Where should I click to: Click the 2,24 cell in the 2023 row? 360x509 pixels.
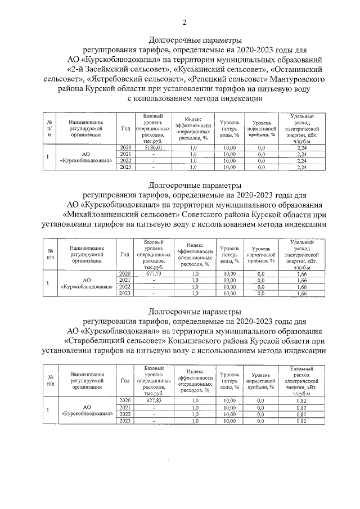click(301, 167)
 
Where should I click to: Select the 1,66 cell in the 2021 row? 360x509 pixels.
click(301, 280)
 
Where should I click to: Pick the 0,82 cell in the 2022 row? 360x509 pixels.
click(301, 413)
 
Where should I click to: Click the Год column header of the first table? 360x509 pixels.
click(125, 128)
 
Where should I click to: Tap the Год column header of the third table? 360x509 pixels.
click(125, 381)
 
